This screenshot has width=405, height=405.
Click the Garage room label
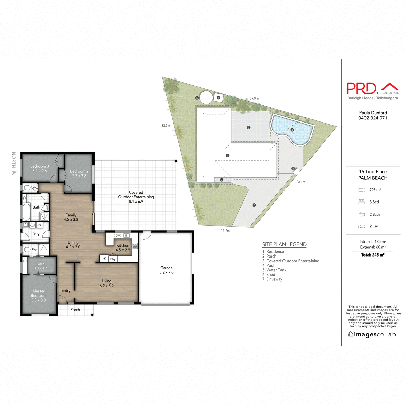166,270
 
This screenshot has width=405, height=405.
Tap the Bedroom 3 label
39,168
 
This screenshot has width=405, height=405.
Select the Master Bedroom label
38,295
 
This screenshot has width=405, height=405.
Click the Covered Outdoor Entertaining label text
136,197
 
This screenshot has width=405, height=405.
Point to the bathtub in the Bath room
26,212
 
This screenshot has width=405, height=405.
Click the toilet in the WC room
27,188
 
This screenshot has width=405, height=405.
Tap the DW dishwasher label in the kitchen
118,236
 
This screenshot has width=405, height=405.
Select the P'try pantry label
113,259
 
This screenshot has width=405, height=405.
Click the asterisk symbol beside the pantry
104,259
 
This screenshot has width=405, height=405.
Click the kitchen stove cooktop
135,246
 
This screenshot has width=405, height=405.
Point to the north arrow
14,173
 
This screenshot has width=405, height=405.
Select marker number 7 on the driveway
254,205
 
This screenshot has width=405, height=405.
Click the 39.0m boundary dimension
254,98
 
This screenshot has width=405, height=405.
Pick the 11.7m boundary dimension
225,231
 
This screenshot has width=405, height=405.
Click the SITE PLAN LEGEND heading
284,244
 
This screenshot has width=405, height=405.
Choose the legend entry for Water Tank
274,270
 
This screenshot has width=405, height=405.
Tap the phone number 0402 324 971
373,118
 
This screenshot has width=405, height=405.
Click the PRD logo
362,88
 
